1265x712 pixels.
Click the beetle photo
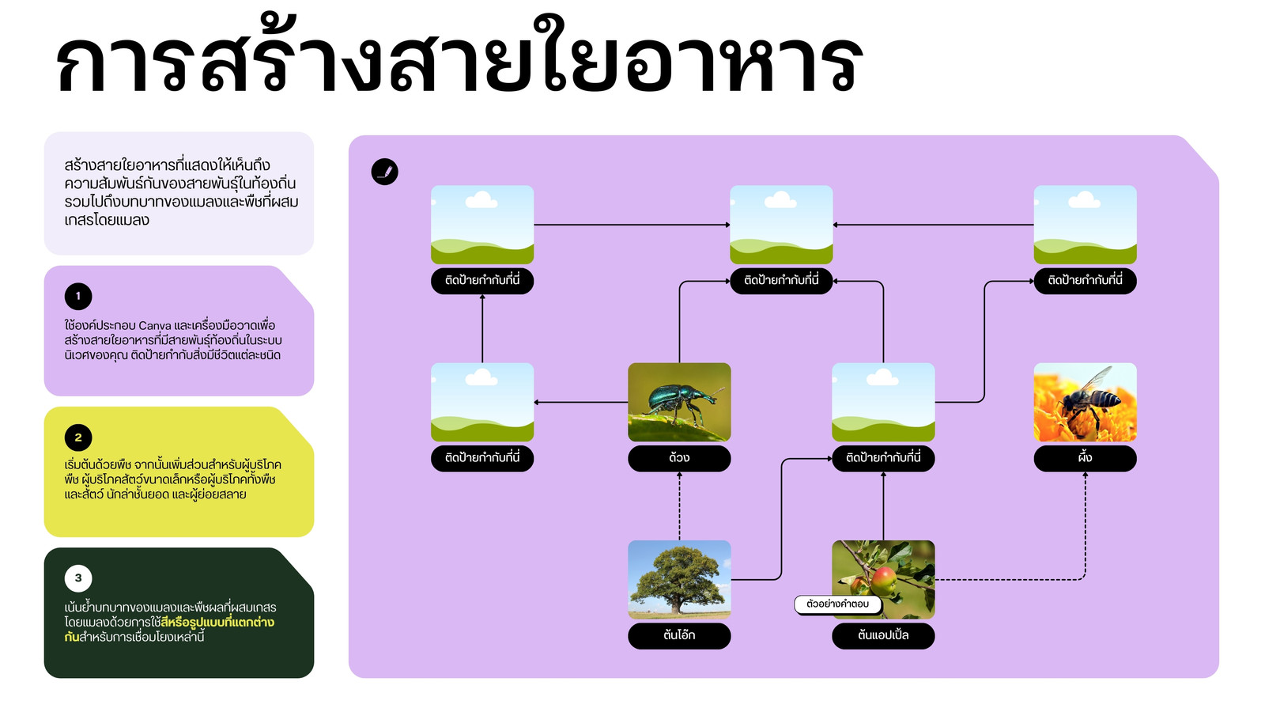[679, 402]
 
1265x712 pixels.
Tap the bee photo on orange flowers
[1085, 402]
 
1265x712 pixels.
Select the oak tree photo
[679, 579]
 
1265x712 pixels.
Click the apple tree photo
[883, 579]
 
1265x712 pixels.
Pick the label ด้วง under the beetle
[679, 458]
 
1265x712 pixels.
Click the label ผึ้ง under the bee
[1085, 458]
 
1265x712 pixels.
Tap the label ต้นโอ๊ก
[679, 636]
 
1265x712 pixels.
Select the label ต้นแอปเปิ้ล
[883, 636]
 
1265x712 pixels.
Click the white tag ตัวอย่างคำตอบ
[838, 604]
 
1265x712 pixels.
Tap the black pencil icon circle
[384, 171]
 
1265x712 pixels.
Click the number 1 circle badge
[78, 296]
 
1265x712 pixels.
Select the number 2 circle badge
[78, 437]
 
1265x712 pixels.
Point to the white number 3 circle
[78, 578]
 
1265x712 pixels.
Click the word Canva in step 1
[155, 325]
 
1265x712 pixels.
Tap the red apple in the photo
[884, 581]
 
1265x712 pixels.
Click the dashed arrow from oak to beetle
[679, 506]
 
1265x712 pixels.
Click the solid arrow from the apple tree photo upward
[883, 506]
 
